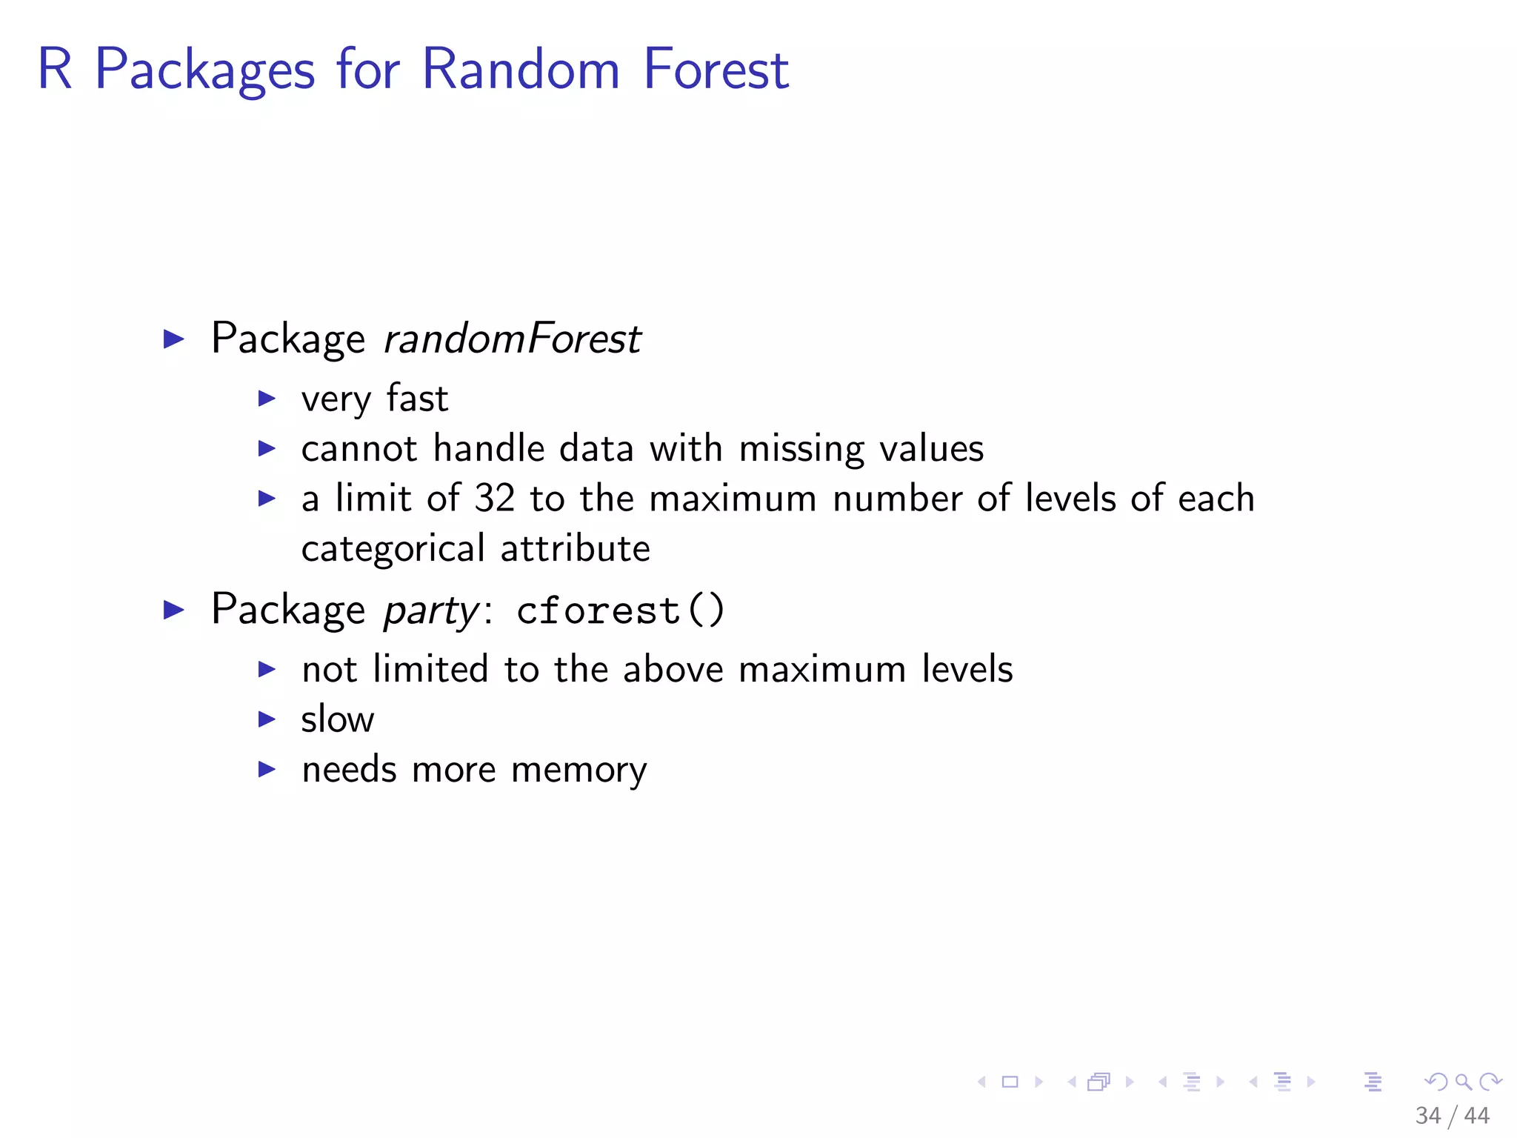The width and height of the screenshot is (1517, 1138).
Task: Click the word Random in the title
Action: tap(520, 69)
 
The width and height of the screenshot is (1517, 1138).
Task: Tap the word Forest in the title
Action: tap(716, 69)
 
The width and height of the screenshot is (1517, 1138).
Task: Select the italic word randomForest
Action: tap(512, 339)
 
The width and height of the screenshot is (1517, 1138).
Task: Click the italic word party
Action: tap(431, 611)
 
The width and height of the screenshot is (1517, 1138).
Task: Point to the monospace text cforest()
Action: tap(621, 611)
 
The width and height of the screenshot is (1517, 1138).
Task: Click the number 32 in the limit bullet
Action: tap(494, 498)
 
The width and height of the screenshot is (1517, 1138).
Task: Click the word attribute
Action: tap(575, 549)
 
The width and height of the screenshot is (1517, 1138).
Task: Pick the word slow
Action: tap(337, 719)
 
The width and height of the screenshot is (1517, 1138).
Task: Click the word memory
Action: tap(579, 771)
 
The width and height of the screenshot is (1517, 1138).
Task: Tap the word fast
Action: tap(417, 399)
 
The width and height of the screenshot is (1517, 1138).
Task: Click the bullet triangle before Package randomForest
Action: tap(173, 339)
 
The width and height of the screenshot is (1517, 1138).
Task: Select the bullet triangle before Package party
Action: tap(173, 610)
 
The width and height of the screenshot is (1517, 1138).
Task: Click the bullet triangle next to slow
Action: tap(267, 719)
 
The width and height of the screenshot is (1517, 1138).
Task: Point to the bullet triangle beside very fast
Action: tap(267, 399)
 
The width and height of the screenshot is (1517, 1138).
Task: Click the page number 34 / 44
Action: tap(1451, 1115)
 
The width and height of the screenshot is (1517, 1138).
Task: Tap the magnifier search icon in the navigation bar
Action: tap(1463, 1082)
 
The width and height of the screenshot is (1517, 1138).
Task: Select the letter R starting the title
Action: tap(56, 69)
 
